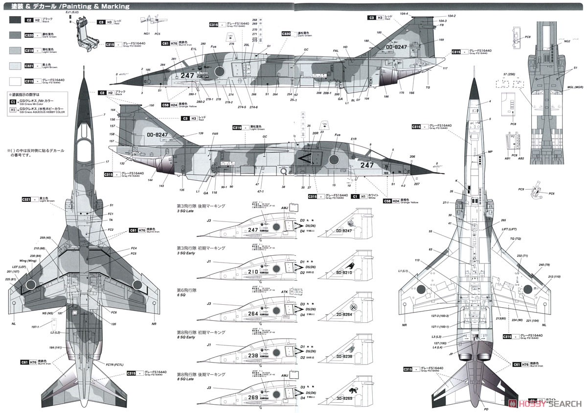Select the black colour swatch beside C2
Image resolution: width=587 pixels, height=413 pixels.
coord(15,20)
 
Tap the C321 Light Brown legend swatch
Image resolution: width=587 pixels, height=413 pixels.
coord(15,66)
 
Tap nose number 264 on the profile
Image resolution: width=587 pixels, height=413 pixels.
coord(253,314)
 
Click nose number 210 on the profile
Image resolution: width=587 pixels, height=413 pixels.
coord(253,271)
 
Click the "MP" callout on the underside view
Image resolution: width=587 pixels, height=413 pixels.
coord(490,152)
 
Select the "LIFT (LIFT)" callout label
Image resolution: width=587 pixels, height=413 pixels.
coord(509,229)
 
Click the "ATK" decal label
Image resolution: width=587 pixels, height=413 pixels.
coord(285,292)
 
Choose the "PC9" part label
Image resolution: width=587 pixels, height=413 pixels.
coord(521,189)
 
